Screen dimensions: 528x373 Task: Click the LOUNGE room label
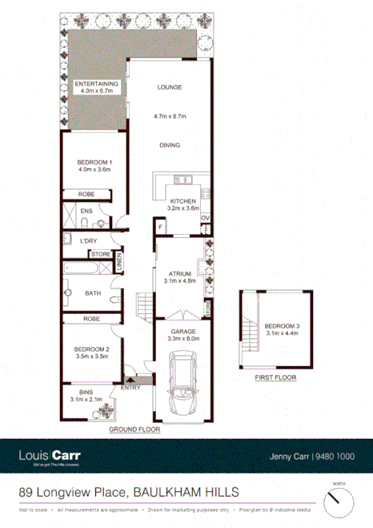(170, 87)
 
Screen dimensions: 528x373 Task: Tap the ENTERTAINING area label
(96, 84)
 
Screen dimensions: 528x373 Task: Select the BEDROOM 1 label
(94, 163)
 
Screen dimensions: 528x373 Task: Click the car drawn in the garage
(184, 389)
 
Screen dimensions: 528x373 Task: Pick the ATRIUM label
(180, 273)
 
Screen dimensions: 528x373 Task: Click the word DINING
(169, 145)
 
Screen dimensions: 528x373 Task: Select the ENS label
(86, 212)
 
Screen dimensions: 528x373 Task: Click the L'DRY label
(88, 240)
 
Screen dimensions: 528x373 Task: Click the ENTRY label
(130, 388)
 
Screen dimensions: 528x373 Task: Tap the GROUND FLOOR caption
(134, 429)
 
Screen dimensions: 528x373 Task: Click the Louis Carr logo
(50, 457)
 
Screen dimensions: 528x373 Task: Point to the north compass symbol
(338, 503)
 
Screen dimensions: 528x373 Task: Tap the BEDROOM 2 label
(91, 349)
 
